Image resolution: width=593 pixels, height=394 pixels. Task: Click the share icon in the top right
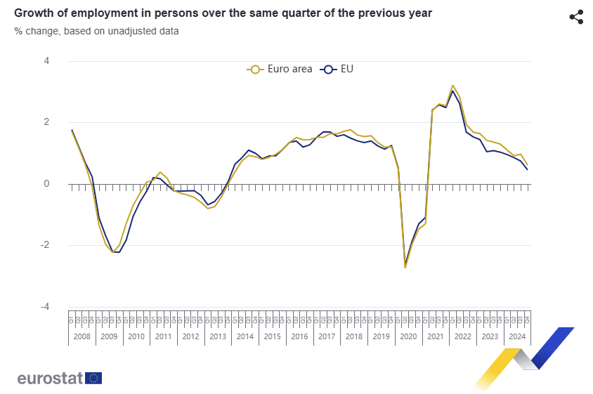tap(576, 18)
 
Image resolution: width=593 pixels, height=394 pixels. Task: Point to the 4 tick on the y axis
tap(46, 61)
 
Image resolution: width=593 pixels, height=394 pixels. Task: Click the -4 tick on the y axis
tap(45, 307)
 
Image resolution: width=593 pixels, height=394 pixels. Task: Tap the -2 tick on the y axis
tap(45, 245)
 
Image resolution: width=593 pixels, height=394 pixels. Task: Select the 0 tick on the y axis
tap(46, 184)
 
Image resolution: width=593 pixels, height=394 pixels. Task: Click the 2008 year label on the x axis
tap(82, 336)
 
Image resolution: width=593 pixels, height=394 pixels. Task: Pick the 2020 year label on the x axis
tap(408, 336)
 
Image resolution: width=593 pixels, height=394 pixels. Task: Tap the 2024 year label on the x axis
tap(517, 336)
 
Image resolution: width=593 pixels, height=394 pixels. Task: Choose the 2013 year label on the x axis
tap(218, 336)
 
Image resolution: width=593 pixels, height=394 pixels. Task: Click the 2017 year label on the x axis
tap(327, 336)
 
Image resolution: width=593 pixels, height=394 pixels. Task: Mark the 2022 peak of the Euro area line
tap(452, 86)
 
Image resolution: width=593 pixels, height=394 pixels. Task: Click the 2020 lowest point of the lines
tap(405, 267)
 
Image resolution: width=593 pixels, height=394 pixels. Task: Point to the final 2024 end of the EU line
tap(527, 169)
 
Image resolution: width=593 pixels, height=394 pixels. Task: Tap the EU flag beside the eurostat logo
tap(93, 378)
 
